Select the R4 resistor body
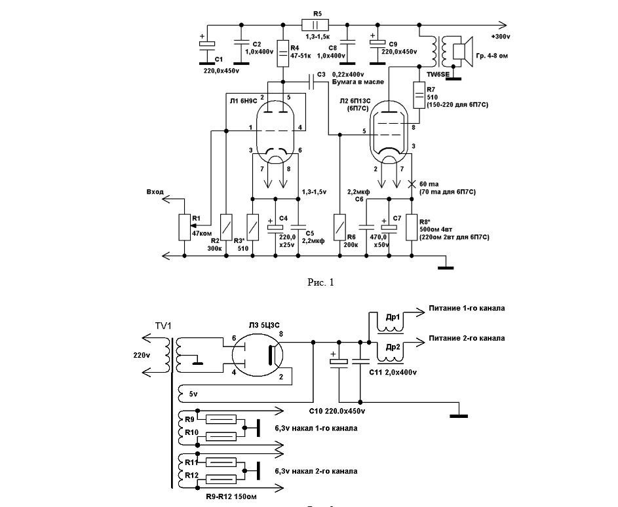(283, 51)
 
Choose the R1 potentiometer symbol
(183, 227)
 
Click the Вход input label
(155, 193)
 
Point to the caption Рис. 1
(320, 282)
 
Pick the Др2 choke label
(393, 347)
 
